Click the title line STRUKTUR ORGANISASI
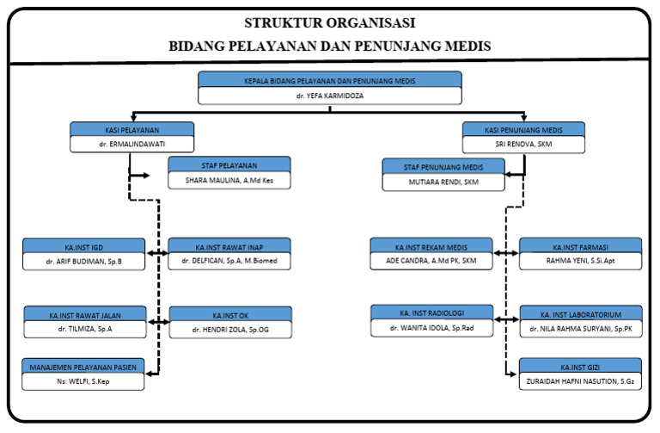pos(330,22)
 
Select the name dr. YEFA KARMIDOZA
pos(330,96)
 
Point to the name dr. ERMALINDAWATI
pos(132,144)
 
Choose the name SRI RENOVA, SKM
pos(523,144)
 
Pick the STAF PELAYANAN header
pos(229,164)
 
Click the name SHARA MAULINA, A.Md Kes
pos(229,181)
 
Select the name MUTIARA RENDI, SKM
pos(443,182)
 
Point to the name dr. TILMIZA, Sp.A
pos(84,329)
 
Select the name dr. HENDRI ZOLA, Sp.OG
pos(229,329)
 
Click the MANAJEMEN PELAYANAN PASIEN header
pos(84,367)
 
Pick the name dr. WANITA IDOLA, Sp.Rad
pos(431,328)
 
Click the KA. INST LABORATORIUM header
pos(580,313)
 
